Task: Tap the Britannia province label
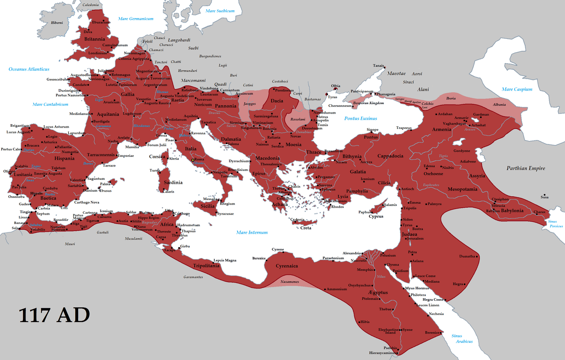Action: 94,39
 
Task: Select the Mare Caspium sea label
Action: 516,89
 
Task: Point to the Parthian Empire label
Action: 525,168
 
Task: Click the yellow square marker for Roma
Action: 192,159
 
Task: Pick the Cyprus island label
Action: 376,216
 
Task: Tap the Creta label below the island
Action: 306,228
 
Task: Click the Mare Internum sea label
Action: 252,232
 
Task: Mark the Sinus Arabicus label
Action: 462,339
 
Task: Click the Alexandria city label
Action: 351,253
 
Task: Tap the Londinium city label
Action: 98,53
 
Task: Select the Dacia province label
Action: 277,101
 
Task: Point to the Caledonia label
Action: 91,5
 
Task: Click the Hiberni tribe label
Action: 56,23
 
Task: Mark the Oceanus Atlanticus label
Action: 29,69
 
